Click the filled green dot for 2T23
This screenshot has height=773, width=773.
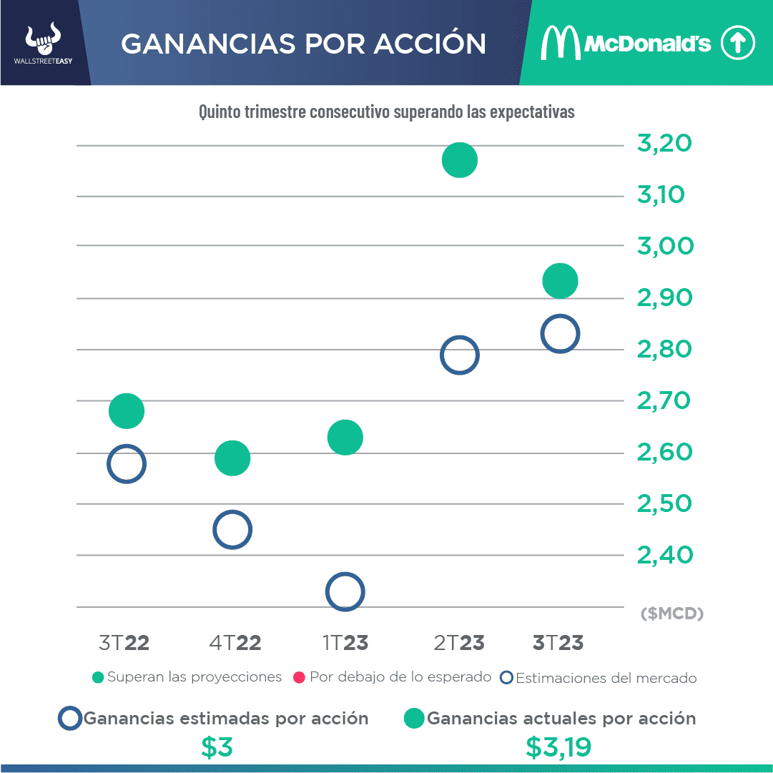pos(459,159)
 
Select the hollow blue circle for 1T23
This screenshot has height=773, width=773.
pos(345,592)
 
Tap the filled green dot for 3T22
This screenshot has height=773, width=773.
pos(127,411)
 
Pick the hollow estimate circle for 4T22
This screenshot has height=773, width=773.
pos(232,530)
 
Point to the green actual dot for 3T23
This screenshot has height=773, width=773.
pos(560,280)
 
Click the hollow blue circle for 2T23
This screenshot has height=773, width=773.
pos(459,355)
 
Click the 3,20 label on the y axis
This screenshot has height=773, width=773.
pos(664,144)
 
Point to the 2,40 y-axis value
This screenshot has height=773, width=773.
pos(664,554)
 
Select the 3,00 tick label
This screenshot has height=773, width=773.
pos(664,246)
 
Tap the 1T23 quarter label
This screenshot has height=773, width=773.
pos(345,642)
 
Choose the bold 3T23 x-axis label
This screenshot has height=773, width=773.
pos(558,642)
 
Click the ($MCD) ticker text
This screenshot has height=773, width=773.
pos(672,614)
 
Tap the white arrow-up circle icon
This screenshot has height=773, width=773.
pos(737,44)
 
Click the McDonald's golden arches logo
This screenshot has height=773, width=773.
pos(560,44)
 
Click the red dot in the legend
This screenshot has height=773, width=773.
pos(299,677)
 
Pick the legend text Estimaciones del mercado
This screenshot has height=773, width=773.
pos(606,678)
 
